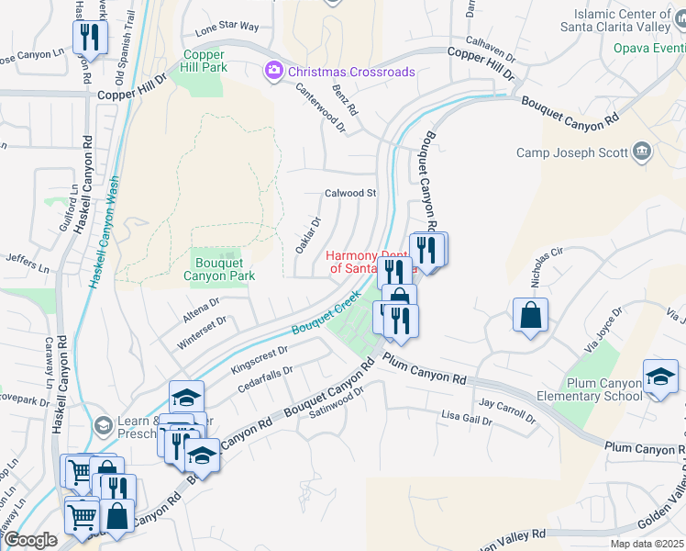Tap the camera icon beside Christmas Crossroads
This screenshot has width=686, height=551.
273,71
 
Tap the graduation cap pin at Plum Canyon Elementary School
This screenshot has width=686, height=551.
660,377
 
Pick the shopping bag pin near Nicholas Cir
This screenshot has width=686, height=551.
530,316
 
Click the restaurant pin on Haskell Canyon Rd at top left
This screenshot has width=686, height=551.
90,38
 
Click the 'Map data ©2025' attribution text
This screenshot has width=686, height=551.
647,544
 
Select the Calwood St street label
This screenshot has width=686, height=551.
351,194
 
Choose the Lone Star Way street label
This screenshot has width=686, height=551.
227,28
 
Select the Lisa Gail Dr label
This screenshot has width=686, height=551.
465,419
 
